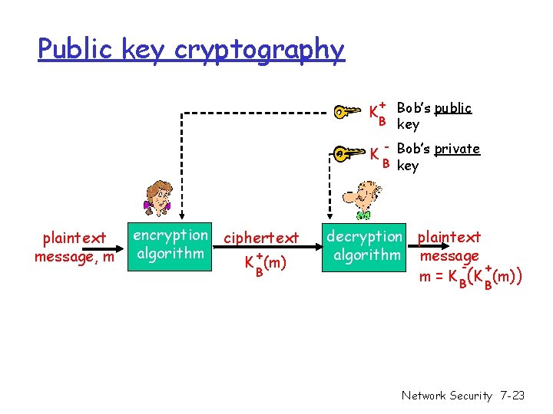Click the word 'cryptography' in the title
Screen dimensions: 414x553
(260, 50)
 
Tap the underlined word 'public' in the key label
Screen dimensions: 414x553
(452, 108)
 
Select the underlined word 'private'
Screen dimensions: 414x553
(456, 149)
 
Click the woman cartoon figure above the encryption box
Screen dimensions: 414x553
(159, 199)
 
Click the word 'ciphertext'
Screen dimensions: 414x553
(261, 238)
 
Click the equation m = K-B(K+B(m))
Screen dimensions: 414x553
(471, 276)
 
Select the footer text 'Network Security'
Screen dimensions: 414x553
(445, 396)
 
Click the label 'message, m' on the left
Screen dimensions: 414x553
(74, 257)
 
